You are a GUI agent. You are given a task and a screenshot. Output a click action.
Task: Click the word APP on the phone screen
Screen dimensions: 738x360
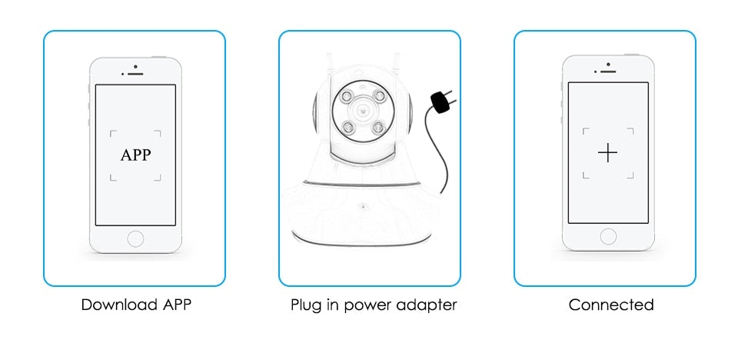click(135, 155)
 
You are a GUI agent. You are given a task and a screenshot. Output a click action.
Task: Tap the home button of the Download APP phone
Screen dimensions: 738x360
click(135, 238)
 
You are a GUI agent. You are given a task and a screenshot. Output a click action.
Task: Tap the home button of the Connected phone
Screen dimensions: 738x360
click(608, 236)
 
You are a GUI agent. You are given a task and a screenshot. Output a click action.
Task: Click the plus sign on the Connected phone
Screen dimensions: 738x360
click(607, 153)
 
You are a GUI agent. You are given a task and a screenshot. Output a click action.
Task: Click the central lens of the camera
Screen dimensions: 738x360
click(362, 112)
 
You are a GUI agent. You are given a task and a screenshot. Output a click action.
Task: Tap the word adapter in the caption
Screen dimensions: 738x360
click(427, 306)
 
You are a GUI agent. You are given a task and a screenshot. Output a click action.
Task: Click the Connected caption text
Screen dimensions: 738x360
click(611, 305)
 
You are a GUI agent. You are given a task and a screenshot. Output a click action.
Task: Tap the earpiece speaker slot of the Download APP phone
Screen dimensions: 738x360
click(136, 74)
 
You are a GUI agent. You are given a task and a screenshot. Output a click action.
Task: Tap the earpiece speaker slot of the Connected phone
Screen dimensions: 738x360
click(609, 72)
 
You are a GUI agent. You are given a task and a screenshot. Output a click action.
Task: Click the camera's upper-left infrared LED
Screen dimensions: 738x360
click(345, 96)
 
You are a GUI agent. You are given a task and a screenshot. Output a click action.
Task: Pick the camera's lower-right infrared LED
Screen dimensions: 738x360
click(378, 127)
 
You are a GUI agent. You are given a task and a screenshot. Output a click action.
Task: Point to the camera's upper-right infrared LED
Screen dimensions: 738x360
click(378, 95)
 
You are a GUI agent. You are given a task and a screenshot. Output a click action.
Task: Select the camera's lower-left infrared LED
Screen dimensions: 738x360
click(347, 127)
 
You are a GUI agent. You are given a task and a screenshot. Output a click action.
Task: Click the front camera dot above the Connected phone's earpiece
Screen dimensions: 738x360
click(609, 64)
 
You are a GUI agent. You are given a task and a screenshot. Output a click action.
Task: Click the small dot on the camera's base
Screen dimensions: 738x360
click(362, 205)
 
